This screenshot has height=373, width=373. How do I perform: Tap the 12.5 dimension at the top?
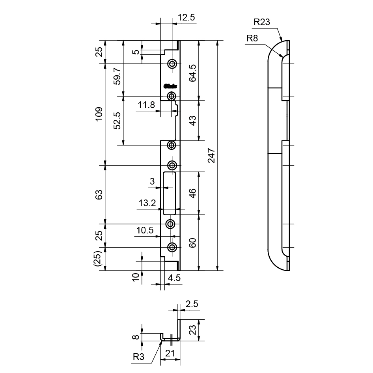[186, 18]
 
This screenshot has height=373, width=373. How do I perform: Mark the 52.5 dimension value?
[117, 120]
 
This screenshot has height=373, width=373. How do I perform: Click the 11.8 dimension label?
[147, 105]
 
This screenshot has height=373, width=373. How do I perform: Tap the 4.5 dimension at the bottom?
[174, 278]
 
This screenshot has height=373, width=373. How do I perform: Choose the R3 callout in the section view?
[138, 357]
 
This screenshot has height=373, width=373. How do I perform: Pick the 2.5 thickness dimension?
[192, 304]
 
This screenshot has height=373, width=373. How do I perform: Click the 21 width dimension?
[170, 354]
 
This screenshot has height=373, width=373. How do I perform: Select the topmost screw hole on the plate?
[172, 64]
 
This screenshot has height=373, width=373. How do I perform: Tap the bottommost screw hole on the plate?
[172, 248]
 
